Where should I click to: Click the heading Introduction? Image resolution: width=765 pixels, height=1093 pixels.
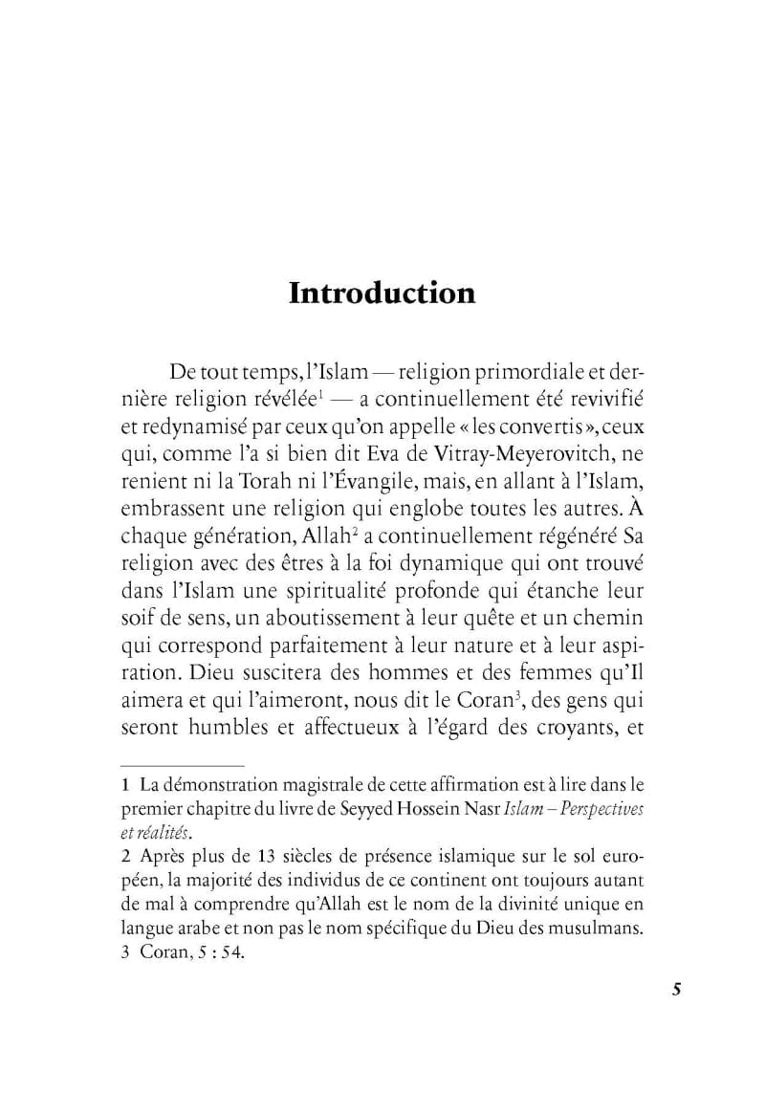(382, 292)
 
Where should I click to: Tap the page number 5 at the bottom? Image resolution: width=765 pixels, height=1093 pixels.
(676, 989)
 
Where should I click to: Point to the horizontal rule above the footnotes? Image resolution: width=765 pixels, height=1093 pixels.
(182, 766)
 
